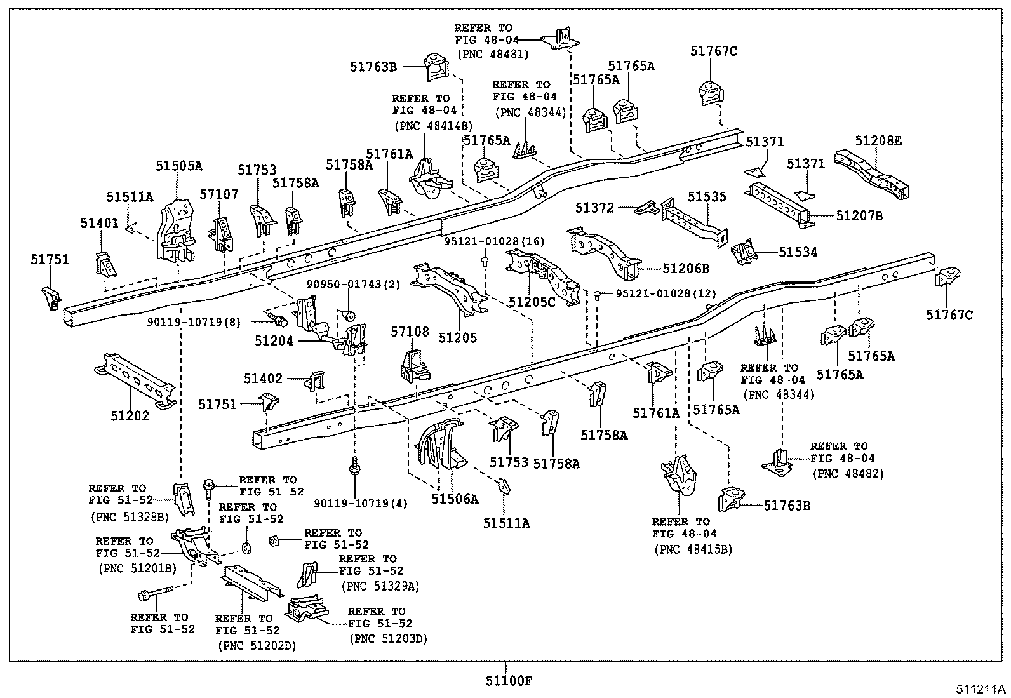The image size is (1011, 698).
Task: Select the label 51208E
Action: (x=878, y=140)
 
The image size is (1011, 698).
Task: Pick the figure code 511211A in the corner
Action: (x=982, y=689)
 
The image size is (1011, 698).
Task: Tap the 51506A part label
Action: (x=455, y=499)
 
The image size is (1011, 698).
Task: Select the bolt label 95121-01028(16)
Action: (x=494, y=242)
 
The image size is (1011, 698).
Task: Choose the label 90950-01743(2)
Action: (x=354, y=284)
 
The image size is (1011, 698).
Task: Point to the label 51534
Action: (x=798, y=252)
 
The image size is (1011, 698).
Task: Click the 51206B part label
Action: (x=685, y=269)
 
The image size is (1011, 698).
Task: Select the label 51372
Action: (x=595, y=207)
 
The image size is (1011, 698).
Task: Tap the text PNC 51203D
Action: (x=388, y=639)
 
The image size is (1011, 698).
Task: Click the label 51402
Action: (x=263, y=379)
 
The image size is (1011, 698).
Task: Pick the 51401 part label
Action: (x=100, y=223)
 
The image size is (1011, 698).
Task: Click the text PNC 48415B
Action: (x=693, y=549)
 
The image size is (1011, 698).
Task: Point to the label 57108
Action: (x=410, y=332)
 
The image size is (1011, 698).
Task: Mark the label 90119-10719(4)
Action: (x=361, y=504)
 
